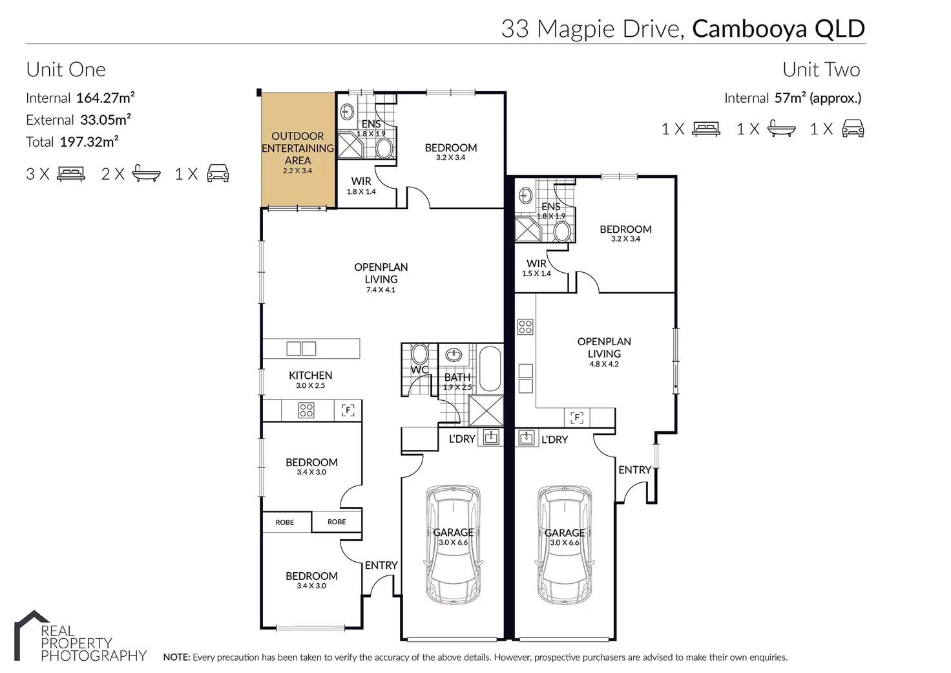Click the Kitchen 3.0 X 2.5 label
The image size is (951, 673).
tap(310, 379)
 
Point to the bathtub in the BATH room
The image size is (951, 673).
tap(490, 369)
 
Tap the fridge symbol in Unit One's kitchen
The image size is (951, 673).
tap(348, 410)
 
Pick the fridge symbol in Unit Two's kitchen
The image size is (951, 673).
tap(576, 418)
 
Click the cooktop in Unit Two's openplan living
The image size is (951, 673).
tap(525, 326)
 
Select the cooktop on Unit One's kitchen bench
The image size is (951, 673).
tap(306, 411)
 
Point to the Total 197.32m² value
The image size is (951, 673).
tap(89, 142)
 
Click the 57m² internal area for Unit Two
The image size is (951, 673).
tap(790, 98)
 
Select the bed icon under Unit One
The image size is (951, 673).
tap(71, 174)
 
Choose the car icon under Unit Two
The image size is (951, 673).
tap(853, 128)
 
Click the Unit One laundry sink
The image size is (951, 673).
tap(491, 437)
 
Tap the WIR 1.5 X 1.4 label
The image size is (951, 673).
tap(536, 268)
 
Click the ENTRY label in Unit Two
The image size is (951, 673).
tap(634, 469)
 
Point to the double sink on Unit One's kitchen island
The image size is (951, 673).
tap(301, 348)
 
